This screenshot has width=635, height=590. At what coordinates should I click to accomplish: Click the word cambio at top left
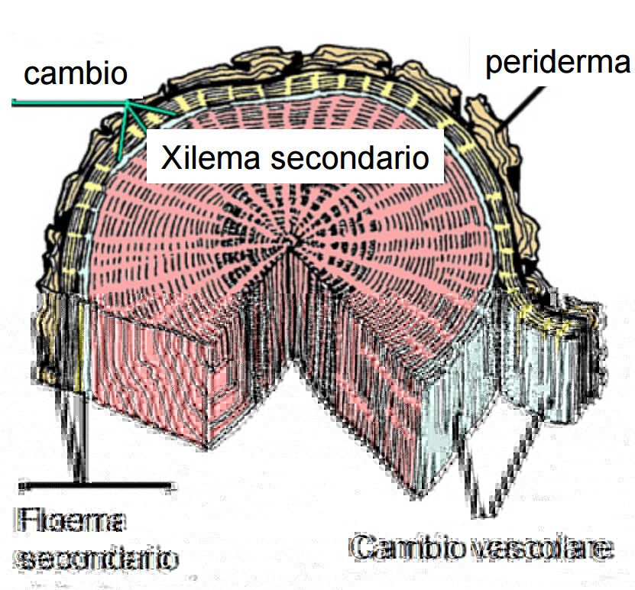tap(75, 73)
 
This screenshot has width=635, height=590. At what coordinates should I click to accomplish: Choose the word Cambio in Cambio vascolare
tap(402, 547)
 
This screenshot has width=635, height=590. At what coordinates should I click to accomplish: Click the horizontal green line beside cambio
tap(69, 102)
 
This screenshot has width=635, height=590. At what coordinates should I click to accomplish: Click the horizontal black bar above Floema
tap(96, 485)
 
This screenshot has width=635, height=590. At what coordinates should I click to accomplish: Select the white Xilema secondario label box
tap(295, 158)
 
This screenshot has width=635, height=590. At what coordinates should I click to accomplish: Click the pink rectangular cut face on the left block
tap(153, 374)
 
